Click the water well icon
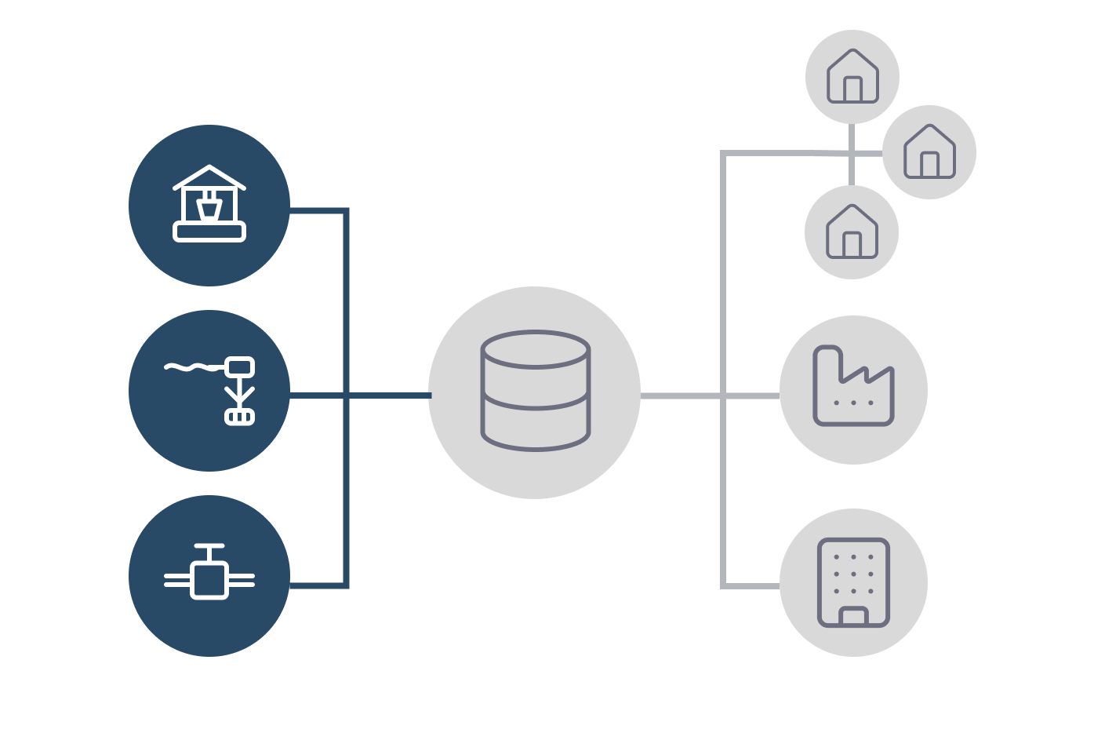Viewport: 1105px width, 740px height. [x=209, y=205]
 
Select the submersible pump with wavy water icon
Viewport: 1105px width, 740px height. [x=210, y=391]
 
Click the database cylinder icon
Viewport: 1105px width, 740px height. [x=535, y=391]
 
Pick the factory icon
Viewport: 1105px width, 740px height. [x=853, y=388]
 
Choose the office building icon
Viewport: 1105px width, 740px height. [x=853, y=582]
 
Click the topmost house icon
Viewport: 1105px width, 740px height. [x=852, y=76]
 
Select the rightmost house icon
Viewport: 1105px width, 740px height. [x=929, y=151]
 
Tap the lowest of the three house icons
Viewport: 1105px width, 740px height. [x=852, y=231]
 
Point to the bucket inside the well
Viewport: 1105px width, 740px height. [x=209, y=210]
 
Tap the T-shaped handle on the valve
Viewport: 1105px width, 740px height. [x=209, y=547]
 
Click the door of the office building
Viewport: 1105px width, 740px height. [x=853, y=617]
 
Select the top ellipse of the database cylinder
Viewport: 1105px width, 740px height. [x=536, y=349]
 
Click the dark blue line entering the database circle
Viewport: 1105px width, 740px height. [x=392, y=395]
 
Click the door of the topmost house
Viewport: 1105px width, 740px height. [x=852, y=89]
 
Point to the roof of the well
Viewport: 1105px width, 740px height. [x=209, y=176]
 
